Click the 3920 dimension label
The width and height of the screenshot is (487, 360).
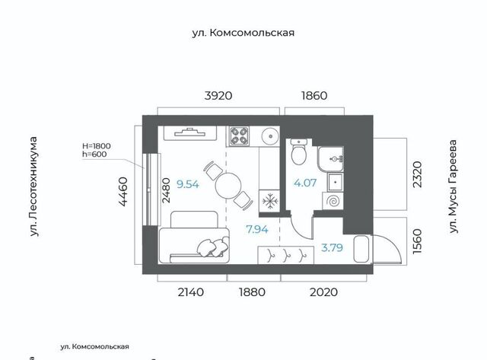pos(218,96)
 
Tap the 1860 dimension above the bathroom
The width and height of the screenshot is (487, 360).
pos(314,96)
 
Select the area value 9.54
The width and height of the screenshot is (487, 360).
pos(188,184)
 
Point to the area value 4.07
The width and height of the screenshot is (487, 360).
pos(305,183)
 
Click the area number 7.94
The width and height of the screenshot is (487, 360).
pos(257,230)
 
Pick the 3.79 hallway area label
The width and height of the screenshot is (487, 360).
pos(332,247)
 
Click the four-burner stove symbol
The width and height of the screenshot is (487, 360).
pos(239,136)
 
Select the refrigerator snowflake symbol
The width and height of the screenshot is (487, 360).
pos(270,202)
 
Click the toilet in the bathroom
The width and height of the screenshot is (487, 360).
pos(299,152)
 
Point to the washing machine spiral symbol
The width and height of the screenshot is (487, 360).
pos(333,201)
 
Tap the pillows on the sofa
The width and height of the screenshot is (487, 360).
pos(213,247)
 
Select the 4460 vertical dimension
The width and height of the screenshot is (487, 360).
pos(123,192)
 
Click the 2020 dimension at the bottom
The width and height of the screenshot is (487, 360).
pos(323,292)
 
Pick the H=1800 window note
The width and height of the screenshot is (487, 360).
pos(97,146)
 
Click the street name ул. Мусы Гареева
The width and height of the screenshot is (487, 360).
pos(454,186)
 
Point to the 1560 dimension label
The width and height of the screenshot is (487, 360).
pos(417,241)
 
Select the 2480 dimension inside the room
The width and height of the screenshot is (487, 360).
pos(166,190)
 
